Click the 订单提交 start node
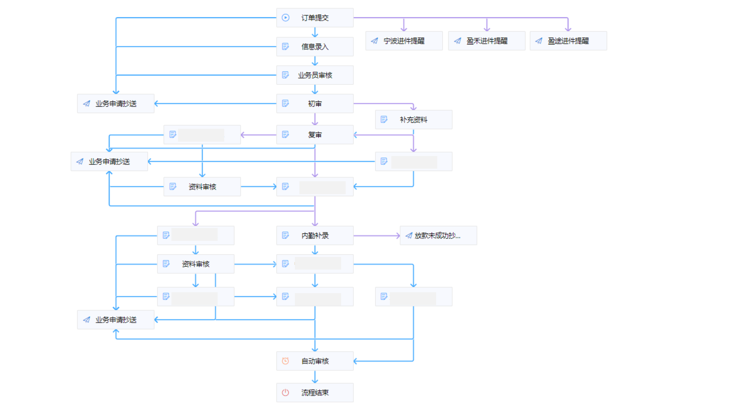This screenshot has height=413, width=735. (315, 18)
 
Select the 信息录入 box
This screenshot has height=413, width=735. (315, 46)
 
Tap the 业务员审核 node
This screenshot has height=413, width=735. (315, 75)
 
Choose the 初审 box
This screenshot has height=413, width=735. (315, 104)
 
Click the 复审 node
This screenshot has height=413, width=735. (315, 135)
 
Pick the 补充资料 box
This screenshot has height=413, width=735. (413, 120)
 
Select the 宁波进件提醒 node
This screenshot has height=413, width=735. (404, 41)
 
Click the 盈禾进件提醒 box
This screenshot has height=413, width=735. (487, 41)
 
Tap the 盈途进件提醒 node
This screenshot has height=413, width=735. (568, 41)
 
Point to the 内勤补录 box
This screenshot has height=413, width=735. (315, 235)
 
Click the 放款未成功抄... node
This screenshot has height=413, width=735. (438, 235)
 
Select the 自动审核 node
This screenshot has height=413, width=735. (315, 361)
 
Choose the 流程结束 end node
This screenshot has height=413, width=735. (315, 393)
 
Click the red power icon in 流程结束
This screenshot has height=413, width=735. (285, 393)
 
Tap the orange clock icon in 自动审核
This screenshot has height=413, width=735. (285, 361)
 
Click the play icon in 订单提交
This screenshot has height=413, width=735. (285, 18)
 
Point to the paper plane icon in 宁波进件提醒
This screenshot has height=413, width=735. (374, 41)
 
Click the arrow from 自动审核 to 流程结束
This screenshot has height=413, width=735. (315, 377)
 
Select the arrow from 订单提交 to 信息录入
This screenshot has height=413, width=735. (315, 32)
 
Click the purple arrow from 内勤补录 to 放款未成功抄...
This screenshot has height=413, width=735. (376, 236)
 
